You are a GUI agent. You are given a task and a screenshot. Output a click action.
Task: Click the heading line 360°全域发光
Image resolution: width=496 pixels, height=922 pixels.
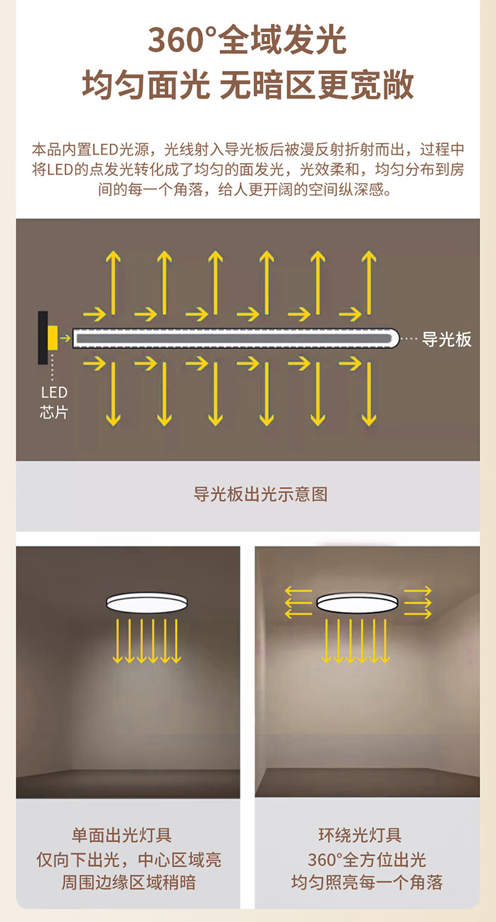pyautogui.click(x=247, y=40)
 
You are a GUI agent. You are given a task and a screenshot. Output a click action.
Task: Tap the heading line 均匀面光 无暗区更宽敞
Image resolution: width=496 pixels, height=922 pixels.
pyautogui.click(x=248, y=84)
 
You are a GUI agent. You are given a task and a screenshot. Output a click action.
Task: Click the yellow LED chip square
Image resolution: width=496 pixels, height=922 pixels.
pyautogui.click(x=53, y=338)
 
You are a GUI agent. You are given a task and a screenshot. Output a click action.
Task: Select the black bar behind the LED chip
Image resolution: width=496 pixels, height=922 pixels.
pyautogui.click(x=43, y=338)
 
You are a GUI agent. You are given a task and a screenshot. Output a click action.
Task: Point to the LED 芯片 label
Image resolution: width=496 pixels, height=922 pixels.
pyautogui.click(x=54, y=402)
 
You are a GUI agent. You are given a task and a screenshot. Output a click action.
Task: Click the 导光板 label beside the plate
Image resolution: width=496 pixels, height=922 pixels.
pyautogui.click(x=446, y=340)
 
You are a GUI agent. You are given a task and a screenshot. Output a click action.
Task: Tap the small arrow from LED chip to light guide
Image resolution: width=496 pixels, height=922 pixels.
pyautogui.click(x=65, y=338)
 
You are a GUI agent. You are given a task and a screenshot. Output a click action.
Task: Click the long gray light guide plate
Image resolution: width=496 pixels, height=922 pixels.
pyautogui.click(x=236, y=338)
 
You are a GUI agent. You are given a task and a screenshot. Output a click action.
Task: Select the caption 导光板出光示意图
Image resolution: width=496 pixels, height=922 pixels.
pyautogui.click(x=261, y=494)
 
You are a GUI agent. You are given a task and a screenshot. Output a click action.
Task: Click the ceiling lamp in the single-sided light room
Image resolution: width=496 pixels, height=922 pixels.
pyautogui.click(x=147, y=603)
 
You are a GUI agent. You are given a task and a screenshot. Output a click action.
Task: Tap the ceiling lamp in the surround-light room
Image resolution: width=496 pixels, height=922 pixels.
pyautogui.click(x=357, y=603)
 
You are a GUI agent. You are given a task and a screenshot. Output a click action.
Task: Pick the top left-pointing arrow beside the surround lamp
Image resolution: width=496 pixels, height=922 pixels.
pyautogui.click(x=298, y=591)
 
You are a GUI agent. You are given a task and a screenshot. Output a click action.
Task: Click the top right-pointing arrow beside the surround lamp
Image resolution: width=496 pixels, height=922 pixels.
pyautogui.click(x=418, y=591)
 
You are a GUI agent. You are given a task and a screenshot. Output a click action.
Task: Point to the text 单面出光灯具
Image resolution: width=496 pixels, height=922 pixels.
pyautogui.click(x=121, y=835)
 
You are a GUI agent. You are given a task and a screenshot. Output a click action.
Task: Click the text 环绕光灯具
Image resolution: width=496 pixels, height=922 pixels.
pyautogui.click(x=360, y=835)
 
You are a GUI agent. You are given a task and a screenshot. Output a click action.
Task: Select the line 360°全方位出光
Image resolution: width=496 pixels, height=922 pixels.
pyautogui.click(x=367, y=859)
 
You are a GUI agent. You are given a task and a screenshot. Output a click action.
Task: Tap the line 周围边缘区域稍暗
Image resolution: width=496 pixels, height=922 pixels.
pyautogui.click(x=129, y=882)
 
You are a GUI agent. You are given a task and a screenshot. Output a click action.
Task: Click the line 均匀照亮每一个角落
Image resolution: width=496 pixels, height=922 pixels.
pyautogui.click(x=367, y=882)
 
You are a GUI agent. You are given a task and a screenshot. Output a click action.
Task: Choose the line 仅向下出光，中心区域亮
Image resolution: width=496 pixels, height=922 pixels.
pyautogui.click(x=129, y=859)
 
